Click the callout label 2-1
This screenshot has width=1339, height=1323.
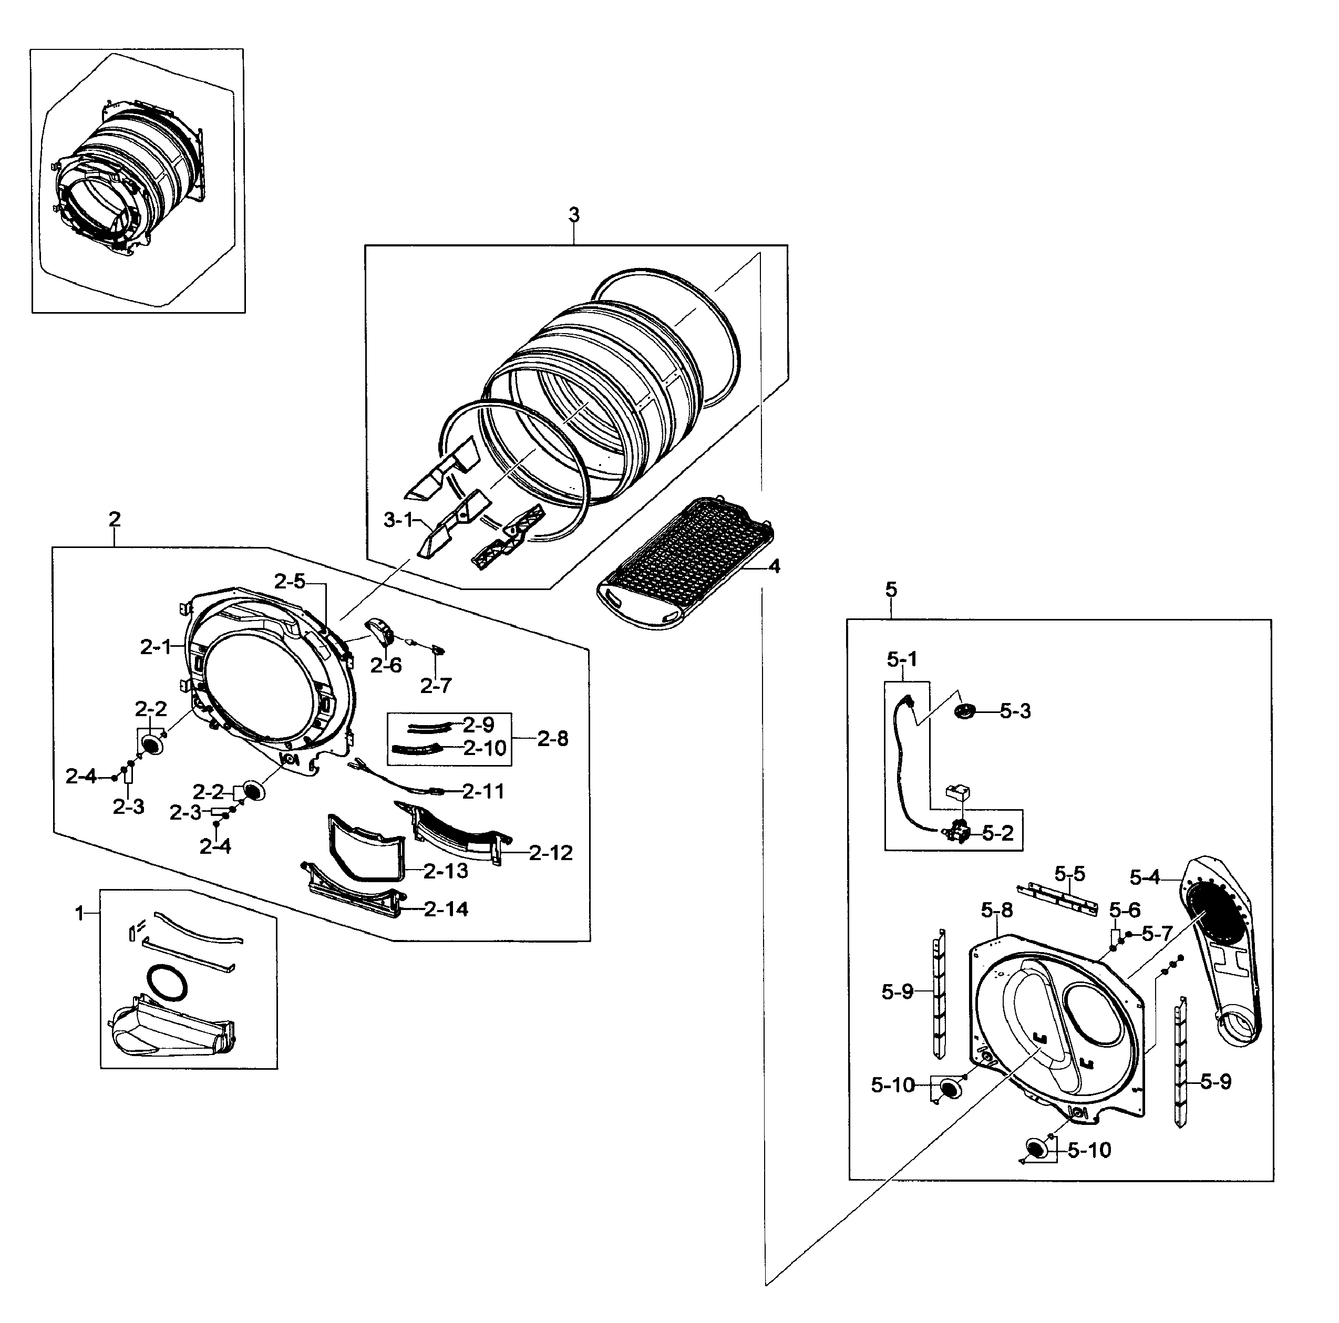(154, 647)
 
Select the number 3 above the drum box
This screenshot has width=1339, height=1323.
(574, 215)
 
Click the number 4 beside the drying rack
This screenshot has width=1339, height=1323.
(774, 566)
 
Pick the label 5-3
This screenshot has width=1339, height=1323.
(1015, 711)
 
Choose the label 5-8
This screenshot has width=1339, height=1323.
(996, 910)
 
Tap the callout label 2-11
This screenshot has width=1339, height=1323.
(483, 791)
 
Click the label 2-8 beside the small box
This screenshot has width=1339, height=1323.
(552, 739)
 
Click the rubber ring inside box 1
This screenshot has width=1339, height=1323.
(167, 983)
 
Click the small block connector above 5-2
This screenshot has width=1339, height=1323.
(959, 791)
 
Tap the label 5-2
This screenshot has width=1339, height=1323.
(997, 833)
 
